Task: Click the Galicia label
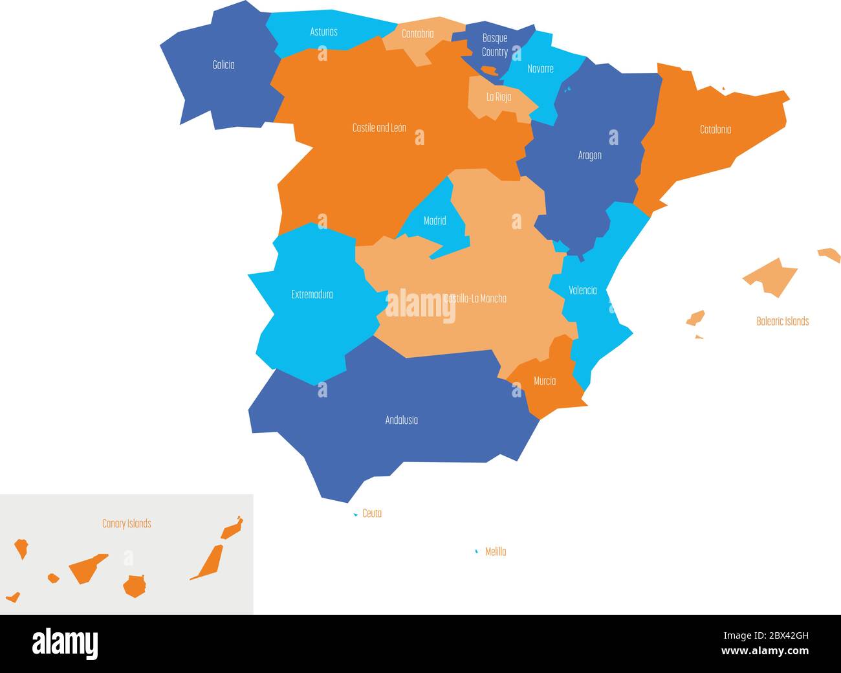223,65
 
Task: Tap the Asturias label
323,32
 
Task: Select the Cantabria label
417,34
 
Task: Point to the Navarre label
540,69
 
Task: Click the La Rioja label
499,97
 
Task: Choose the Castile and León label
379,128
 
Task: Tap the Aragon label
589,155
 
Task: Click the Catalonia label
715,129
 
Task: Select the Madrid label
435,221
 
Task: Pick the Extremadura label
312,294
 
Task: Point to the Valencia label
582,290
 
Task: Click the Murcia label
544,381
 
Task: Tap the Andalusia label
401,420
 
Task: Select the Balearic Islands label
782,321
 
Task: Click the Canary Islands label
127,524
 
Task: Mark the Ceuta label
372,513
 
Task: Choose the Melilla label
496,552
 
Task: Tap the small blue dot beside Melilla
477,551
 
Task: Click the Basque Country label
495,45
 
